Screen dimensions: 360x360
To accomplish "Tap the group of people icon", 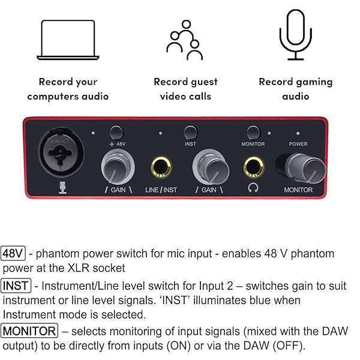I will point(184,40).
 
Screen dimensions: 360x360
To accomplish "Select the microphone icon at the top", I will point(296,36).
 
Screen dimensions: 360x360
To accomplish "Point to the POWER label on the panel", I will point(298,144).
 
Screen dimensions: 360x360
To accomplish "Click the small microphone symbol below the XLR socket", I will point(61,189).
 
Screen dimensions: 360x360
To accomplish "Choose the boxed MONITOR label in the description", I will point(29,330).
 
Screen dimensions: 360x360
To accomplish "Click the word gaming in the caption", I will point(311,82).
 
